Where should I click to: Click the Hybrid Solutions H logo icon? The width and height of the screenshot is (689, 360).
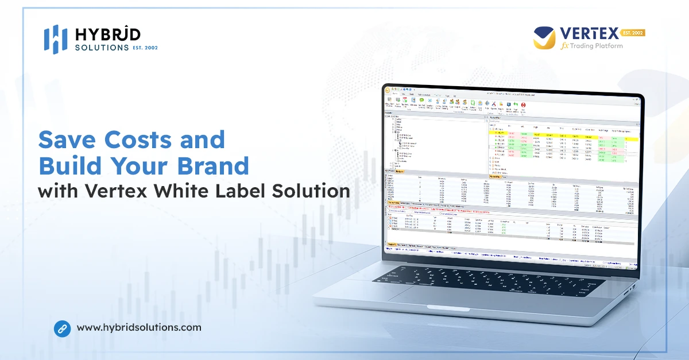(x=56, y=39)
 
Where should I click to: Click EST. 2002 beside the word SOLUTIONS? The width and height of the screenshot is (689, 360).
(x=145, y=48)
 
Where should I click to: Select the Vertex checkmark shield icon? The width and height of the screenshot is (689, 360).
(x=543, y=38)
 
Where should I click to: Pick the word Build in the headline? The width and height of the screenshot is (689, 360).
(x=70, y=166)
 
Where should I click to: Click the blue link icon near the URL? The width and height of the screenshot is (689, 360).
(x=62, y=328)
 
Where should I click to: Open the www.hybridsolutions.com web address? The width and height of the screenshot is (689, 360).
(x=139, y=328)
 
